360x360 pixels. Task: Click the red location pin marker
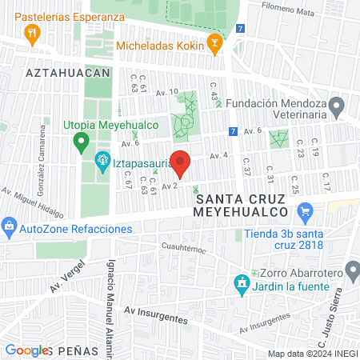[x=181, y=163]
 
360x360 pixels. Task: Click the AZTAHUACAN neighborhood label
[x=67, y=72]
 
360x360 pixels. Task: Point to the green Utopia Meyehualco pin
[x=81, y=143]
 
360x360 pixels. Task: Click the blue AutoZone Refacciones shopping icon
[x=9, y=228]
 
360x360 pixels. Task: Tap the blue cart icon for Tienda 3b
[x=304, y=212]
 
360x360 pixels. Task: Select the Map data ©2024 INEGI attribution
[x=312, y=354]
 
